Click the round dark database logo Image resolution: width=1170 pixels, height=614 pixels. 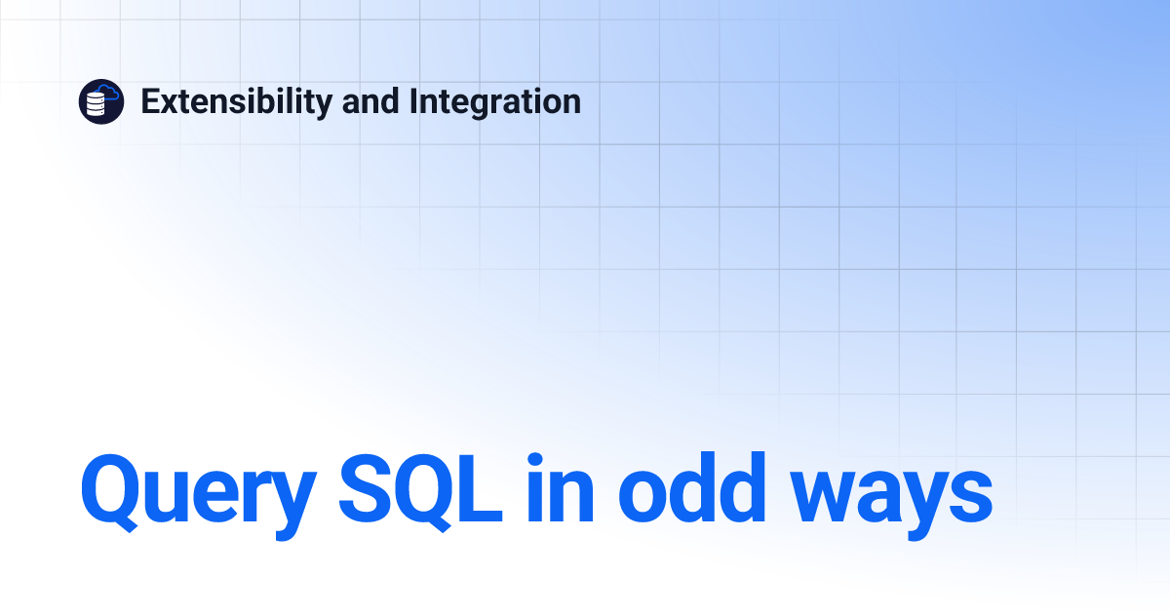coord(101,101)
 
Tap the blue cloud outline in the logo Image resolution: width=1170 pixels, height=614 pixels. coord(109,94)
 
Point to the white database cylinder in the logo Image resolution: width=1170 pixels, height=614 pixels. coord(97,105)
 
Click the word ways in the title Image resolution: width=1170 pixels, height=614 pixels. coord(890,495)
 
